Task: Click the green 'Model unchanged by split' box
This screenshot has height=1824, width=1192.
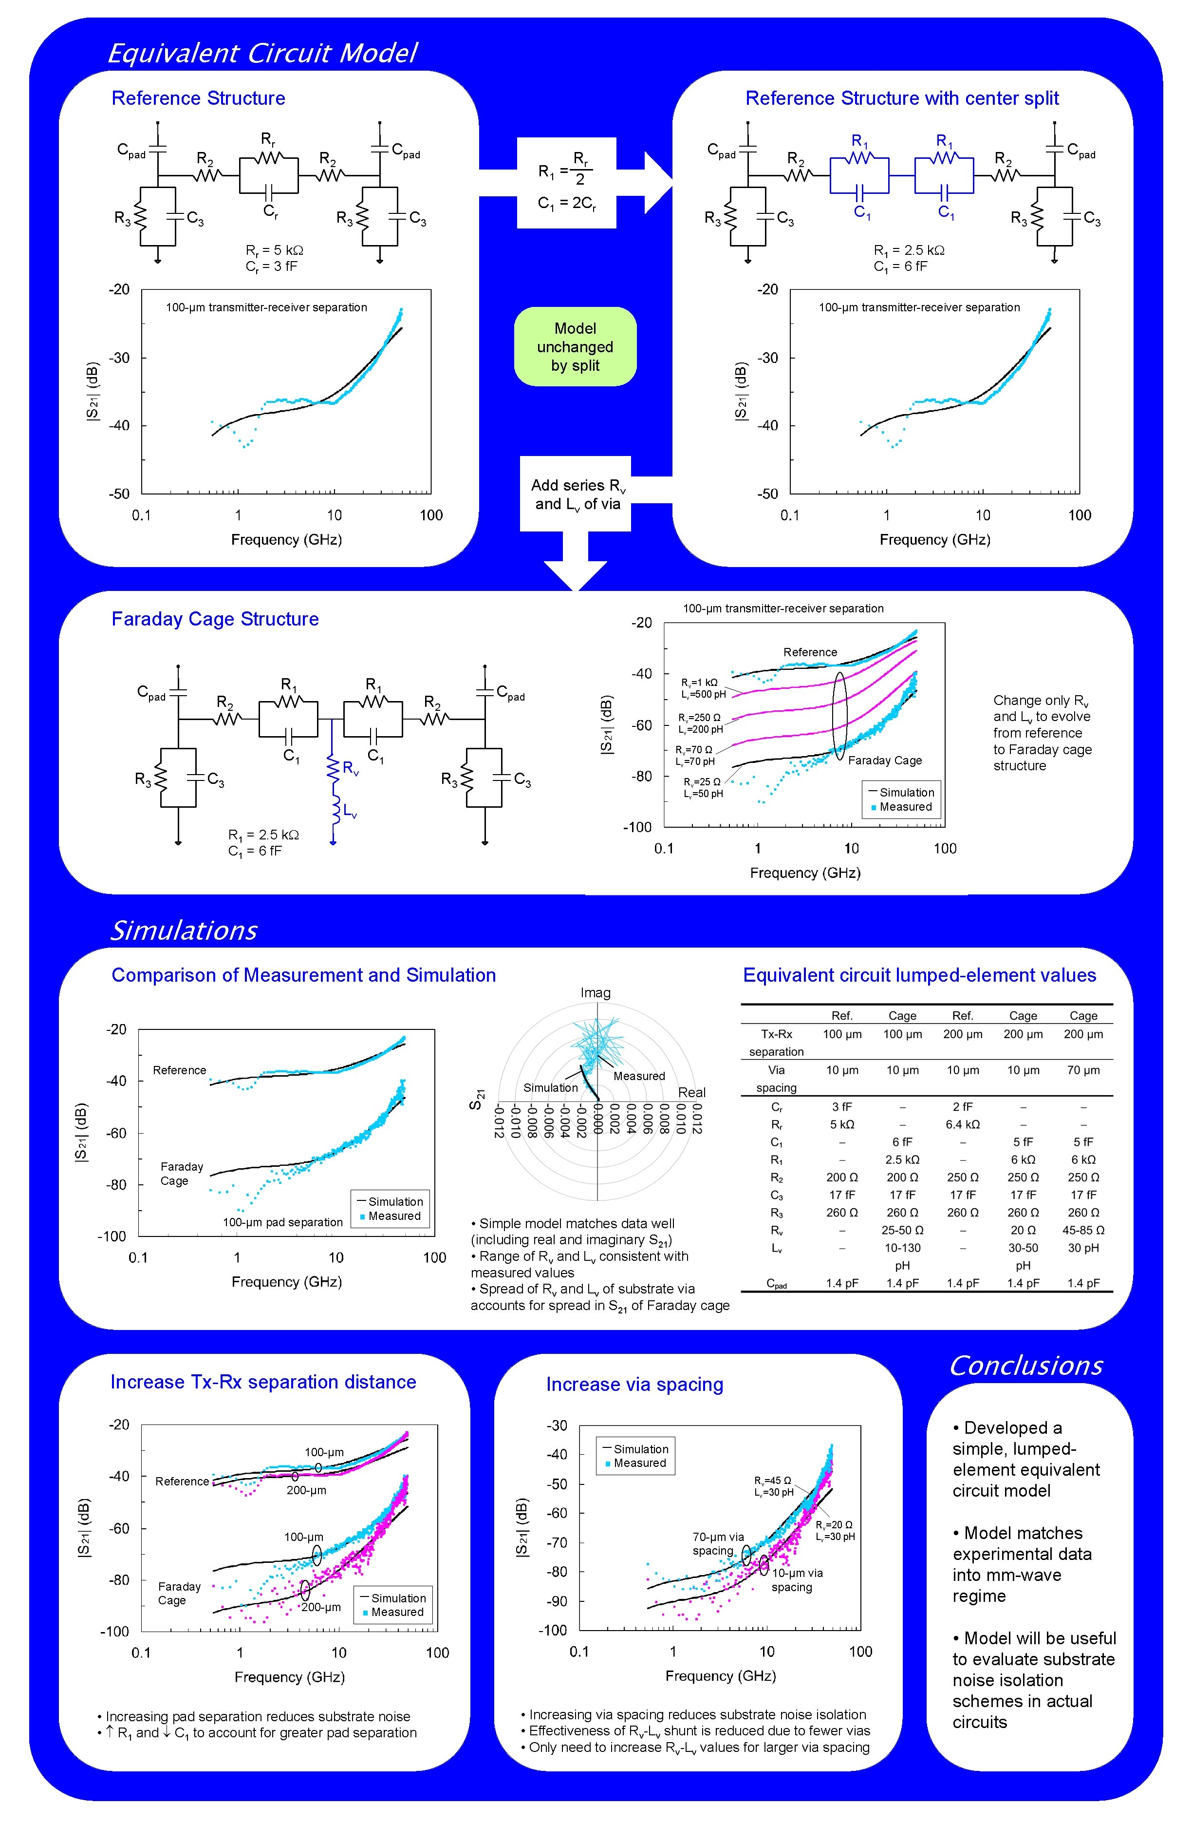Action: (575, 346)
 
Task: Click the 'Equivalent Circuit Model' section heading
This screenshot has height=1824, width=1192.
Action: (262, 53)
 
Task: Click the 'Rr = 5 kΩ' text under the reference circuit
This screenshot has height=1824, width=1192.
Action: (274, 250)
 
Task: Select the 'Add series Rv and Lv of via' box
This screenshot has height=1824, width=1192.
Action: (576, 494)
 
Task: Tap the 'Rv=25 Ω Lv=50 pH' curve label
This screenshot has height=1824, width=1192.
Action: (703, 788)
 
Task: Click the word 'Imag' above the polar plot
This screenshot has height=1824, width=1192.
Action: (595, 992)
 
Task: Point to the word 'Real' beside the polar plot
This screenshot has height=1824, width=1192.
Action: (691, 1092)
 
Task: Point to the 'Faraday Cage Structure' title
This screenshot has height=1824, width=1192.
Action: (215, 619)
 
